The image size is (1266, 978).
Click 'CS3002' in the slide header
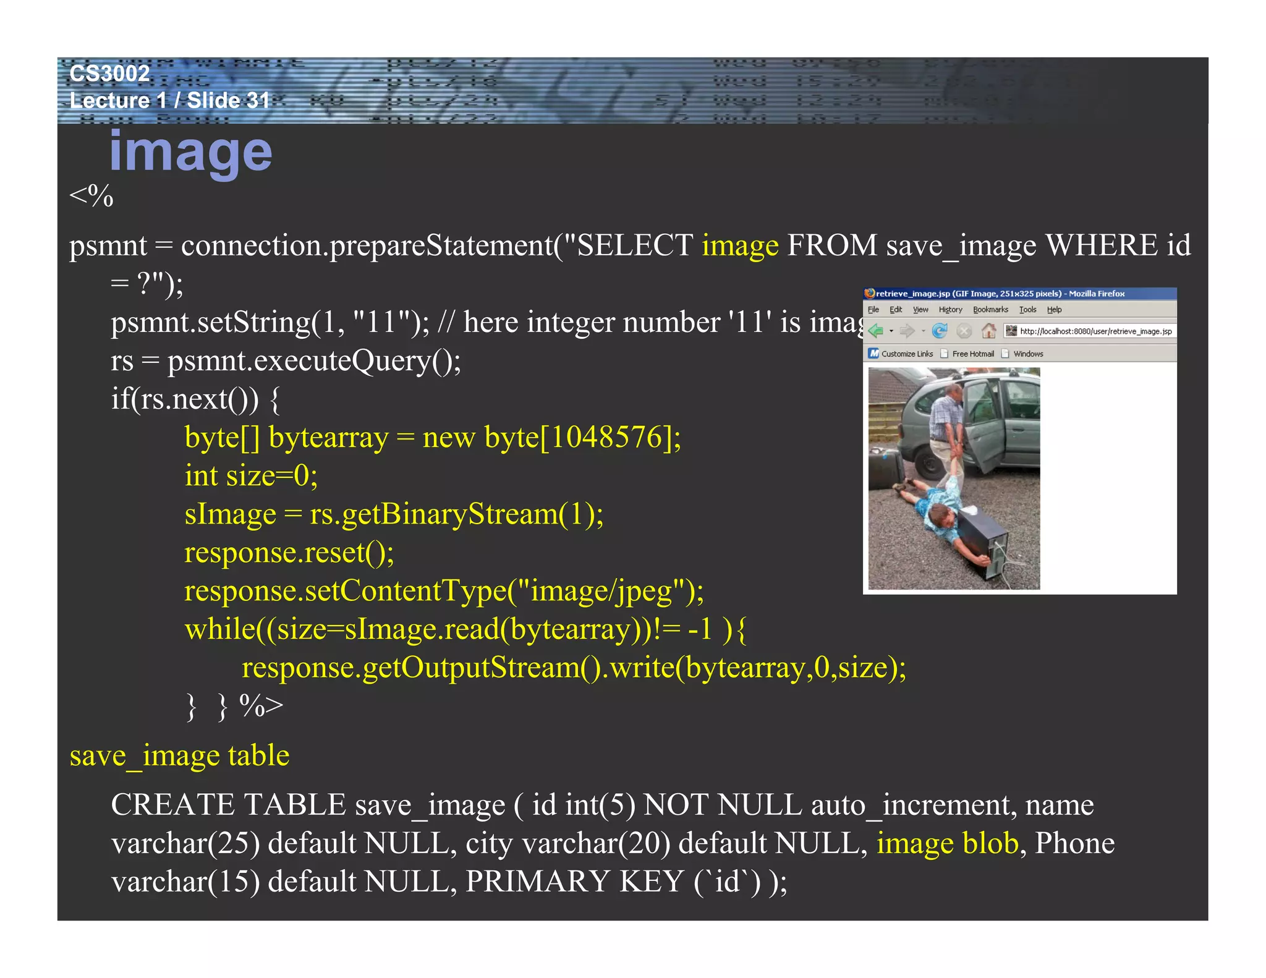[109, 74]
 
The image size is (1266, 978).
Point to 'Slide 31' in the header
[228, 100]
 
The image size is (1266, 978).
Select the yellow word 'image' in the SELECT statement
[739, 245]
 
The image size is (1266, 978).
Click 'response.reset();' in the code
[289, 552]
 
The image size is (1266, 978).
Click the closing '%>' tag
[261, 705]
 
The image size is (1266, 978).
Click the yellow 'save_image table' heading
[179, 755]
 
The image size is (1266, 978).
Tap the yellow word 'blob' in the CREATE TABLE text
[990, 843]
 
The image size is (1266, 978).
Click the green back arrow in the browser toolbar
[875, 331]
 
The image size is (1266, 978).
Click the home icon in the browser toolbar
[988, 331]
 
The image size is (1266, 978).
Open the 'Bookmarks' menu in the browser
[990, 310]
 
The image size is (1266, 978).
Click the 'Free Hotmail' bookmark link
[972, 354]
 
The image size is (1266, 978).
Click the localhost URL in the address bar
[1095, 331]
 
